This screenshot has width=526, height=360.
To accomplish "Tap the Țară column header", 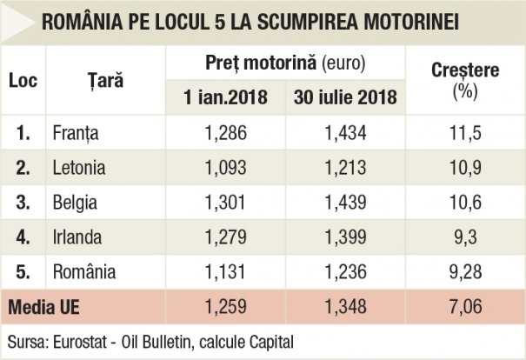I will point(105,80).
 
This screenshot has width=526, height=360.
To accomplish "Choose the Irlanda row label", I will point(77,236).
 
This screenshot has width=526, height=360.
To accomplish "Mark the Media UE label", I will point(44,306).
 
